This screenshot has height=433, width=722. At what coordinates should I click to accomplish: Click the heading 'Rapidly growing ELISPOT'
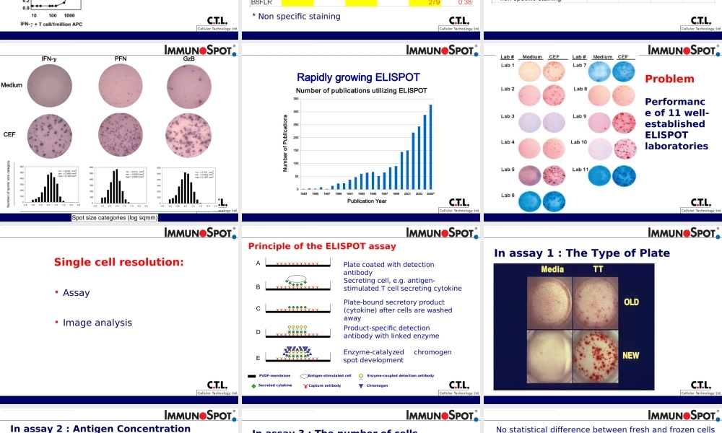[x=358, y=77]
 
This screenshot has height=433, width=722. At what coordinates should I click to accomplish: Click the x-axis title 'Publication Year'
[x=366, y=201]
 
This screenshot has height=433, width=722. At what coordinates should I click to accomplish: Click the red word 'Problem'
[x=669, y=79]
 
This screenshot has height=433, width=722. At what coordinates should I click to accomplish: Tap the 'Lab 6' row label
[x=508, y=196]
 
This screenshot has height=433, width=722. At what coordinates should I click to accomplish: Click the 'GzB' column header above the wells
[x=189, y=58]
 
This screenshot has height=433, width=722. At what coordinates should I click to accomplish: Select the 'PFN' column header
[x=121, y=58]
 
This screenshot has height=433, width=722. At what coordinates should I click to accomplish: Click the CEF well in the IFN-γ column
[x=50, y=135]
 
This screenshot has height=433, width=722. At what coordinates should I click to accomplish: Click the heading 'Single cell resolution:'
[x=119, y=262]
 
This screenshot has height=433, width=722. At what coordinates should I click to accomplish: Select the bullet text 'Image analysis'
[x=97, y=323]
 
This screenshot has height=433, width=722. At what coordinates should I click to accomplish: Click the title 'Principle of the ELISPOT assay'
[x=322, y=246]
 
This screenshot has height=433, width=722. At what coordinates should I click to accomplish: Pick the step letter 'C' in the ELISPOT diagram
[x=258, y=309]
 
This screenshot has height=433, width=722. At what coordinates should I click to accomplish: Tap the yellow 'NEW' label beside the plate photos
[x=630, y=356]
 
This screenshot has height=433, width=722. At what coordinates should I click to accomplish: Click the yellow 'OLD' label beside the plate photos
[x=631, y=302]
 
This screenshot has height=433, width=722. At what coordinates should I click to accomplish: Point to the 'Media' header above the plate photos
[x=552, y=269]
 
